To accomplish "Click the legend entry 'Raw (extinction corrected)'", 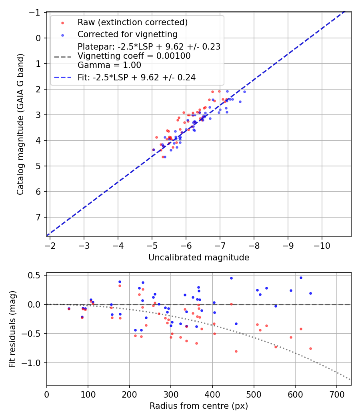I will pos(132,22).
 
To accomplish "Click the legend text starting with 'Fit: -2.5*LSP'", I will pos(136,78).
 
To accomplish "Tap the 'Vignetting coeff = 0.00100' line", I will pos(134,56).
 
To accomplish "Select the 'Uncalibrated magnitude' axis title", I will pos(199,258).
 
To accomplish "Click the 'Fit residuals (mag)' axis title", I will pos(12,329).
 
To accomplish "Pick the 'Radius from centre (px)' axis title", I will pos(199,406).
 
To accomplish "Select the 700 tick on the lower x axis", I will pos(336,393).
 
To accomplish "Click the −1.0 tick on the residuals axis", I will pos(34,363).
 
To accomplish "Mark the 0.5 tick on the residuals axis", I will pos(37,275).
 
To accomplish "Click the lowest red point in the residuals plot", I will pos(236,351).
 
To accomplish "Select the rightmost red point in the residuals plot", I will pos(310,348).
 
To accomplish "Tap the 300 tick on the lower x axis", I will pos(171,393).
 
